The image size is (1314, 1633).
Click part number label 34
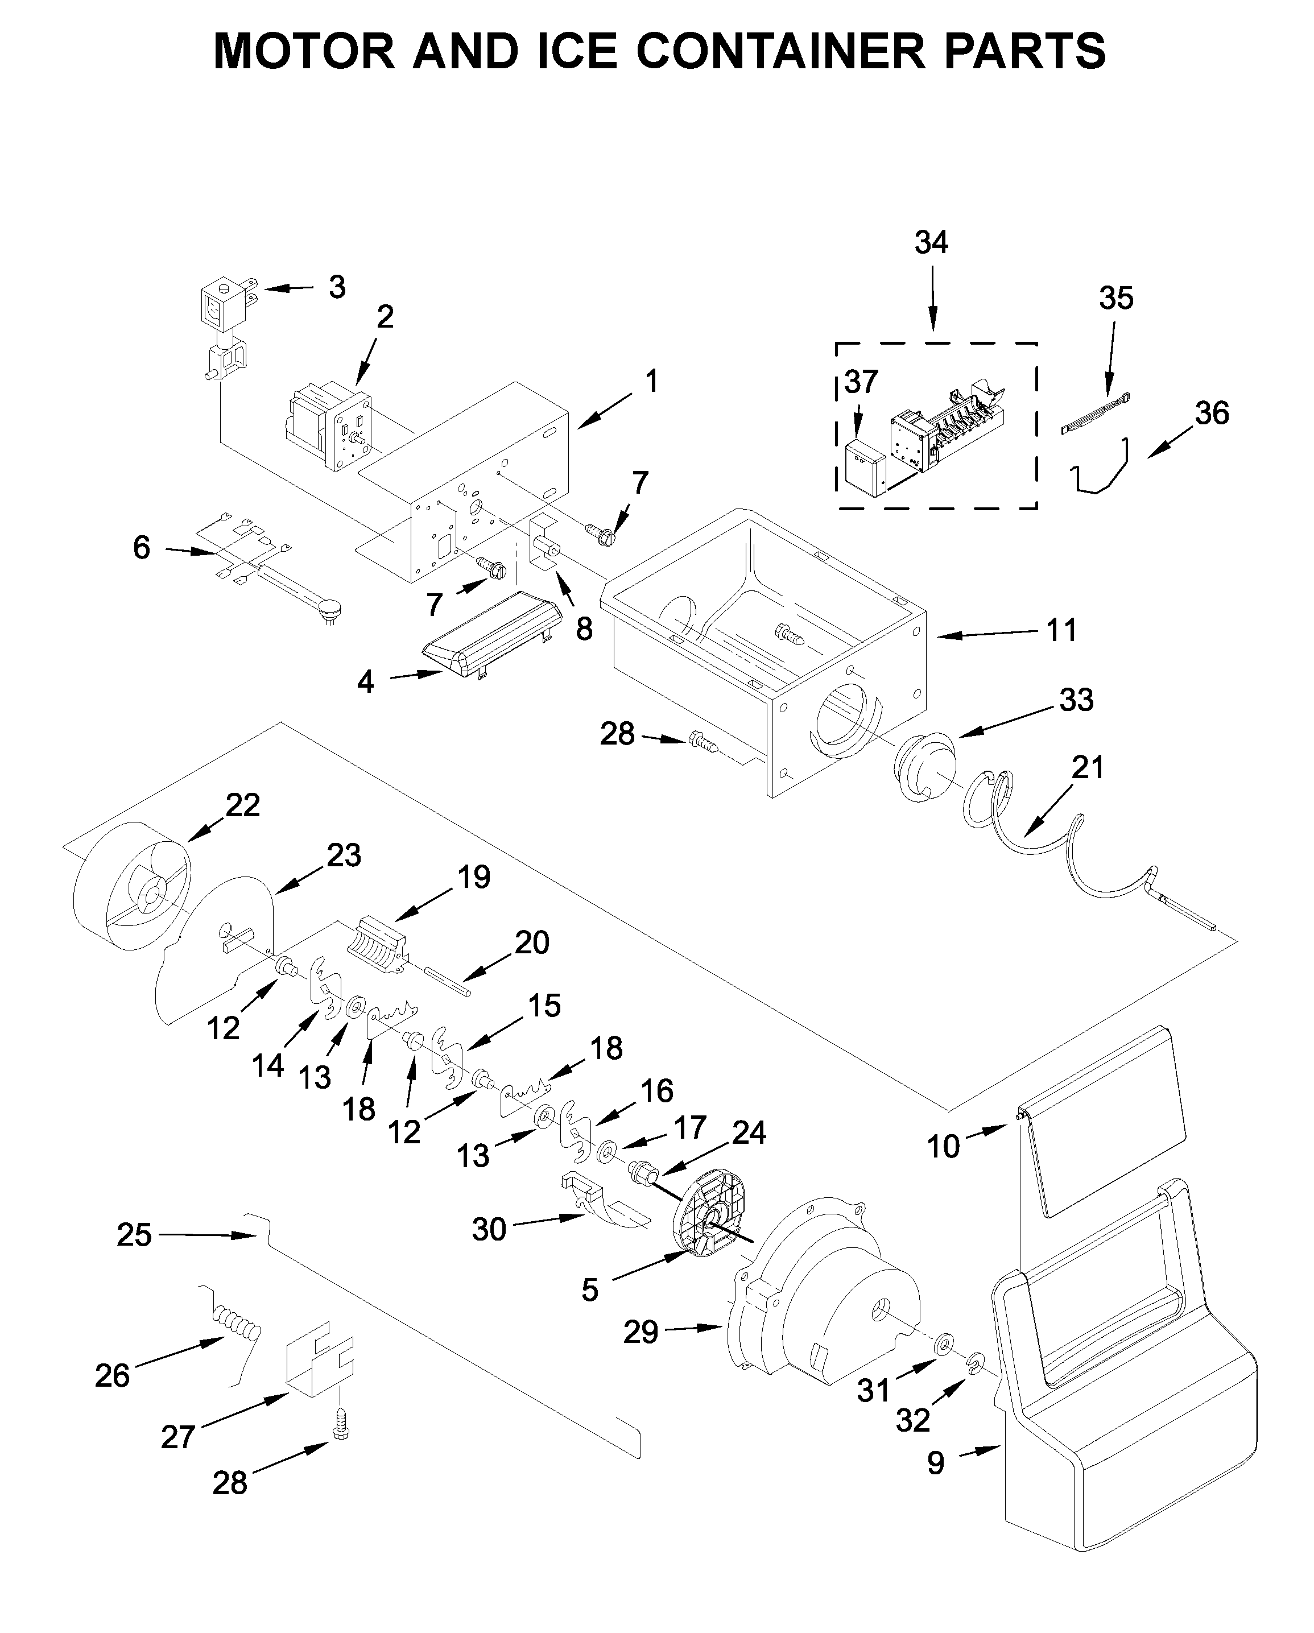931,242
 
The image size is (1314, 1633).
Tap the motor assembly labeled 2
329,427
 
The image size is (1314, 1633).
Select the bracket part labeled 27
318,1359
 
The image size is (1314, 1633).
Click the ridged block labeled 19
379,944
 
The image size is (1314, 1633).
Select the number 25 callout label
134,1235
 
